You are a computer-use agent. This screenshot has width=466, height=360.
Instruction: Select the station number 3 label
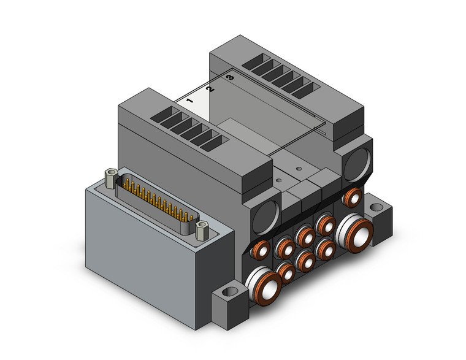click(230, 79)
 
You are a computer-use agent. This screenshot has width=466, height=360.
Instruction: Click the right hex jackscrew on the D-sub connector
click(202, 232)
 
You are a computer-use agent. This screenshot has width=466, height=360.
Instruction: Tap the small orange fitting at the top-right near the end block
click(352, 197)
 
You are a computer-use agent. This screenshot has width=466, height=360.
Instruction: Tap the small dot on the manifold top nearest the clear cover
click(298, 167)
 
